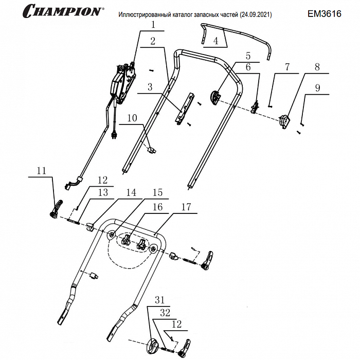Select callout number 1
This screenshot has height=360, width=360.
tap(153, 24)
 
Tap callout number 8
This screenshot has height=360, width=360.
tap(317, 67)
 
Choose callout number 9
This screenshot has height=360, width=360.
tap(317, 88)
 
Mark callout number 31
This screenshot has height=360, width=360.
tap(159, 300)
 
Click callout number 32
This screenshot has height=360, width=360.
tap(165, 312)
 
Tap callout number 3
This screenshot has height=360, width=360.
tap(150, 87)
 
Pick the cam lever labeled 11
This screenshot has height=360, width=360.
tap(55, 208)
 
